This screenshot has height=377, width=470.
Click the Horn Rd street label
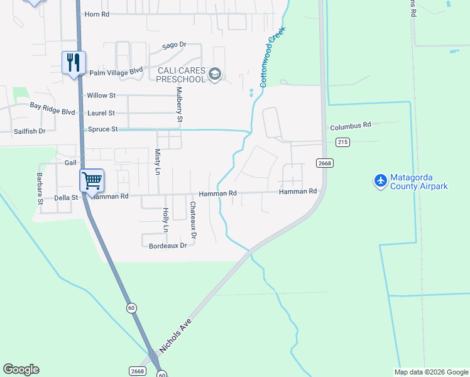click(x=96, y=14)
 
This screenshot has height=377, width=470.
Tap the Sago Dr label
click(x=175, y=45)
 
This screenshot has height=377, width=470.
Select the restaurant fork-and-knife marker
click(x=74, y=63)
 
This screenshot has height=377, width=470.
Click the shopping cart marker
click(x=92, y=181)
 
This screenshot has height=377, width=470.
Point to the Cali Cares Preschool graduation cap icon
click(x=215, y=75)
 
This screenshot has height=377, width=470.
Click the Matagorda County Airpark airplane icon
click(x=380, y=181)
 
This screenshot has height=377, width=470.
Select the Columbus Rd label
click(x=351, y=125)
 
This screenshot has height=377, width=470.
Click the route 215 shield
click(x=342, y=143)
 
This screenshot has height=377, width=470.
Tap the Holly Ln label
click(x=166, y=221)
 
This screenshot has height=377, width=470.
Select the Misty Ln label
click(x=157, y=161)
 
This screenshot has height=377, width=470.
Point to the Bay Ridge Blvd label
click(x=52, y=109)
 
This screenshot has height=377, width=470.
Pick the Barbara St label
click(x=39, y=189)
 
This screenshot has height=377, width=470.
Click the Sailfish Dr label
click(x=30, y=131)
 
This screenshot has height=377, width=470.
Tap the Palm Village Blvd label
click(x=116, y=73)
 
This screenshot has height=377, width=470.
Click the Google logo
click(x=21, y=369)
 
